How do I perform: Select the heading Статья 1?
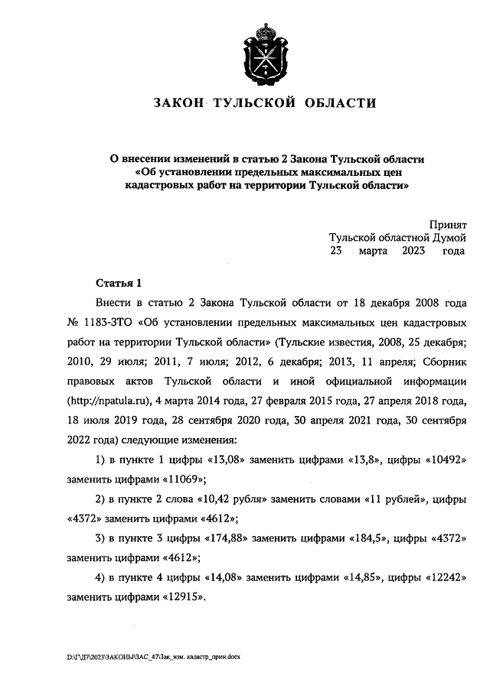coord(117,283)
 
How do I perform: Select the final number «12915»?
coord(183,596)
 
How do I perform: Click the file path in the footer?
coord(153,657)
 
